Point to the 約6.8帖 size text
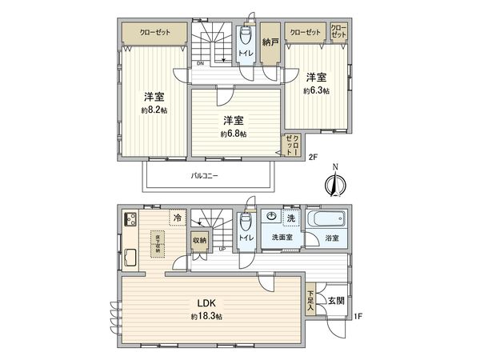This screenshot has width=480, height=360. pos(234,134)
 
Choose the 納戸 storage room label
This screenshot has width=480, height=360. pos(270,42)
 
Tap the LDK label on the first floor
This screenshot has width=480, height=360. pos(207,303)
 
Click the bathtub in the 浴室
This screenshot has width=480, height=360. pos(327,220)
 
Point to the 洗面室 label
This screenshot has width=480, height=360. pos(282,238)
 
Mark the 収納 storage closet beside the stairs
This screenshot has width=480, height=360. pos(198,240)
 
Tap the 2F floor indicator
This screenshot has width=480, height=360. pos(313,157)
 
